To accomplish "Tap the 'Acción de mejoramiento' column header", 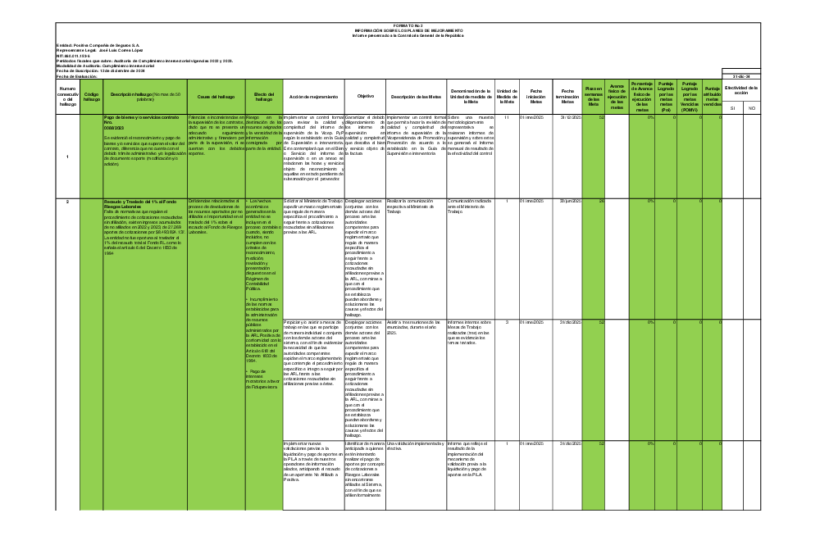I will click(x=313, y=96).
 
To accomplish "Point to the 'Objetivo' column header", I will click(x=366, y=96).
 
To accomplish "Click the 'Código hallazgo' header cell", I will click(x=92, y=96).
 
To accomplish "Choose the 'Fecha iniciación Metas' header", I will click(x=536, y=96).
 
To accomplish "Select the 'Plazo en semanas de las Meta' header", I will click(x=594, y=96).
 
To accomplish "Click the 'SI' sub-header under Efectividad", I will click(x=732, y=108).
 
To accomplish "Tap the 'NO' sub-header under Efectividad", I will click(x=751, y=108).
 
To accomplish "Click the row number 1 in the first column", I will click(x=67, y=157).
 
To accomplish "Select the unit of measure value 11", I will click(x=508, y=118).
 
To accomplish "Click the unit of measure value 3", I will click(x=508, y=321).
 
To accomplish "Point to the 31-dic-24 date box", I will click(x=742, y=76).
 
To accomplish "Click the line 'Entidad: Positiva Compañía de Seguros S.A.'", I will click(x=98, y=46).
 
